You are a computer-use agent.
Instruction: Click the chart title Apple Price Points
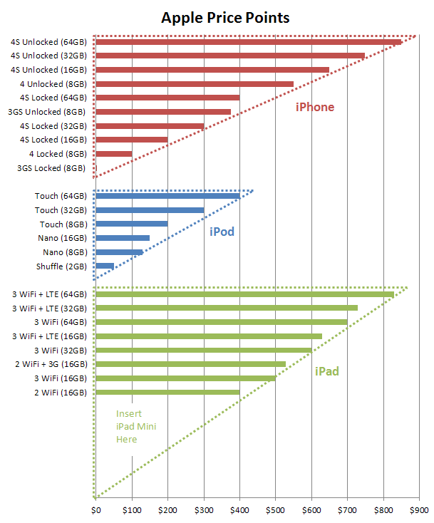tap(225, 17)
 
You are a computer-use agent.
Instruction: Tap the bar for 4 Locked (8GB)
tap(114, 154)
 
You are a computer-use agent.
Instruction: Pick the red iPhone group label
tap(315, 108)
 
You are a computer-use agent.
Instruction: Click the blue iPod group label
tap(222, 232)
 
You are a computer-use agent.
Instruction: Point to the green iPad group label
tap(326, 371)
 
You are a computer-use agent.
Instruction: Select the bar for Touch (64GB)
tap(167, 196)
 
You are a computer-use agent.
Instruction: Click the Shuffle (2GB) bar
tap(105, 266)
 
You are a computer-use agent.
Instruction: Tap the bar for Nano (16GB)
tap(123, 238)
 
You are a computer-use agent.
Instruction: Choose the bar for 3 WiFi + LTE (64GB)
tap(244, 294)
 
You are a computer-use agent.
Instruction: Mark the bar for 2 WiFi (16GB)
tap(167, 392)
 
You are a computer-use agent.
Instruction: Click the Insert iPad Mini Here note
tap(136, 426)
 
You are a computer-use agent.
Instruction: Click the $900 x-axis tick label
tap(420, 510)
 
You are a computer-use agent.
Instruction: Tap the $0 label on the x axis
tap(96, 510)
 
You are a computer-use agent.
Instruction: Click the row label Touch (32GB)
tap(61, 210)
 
